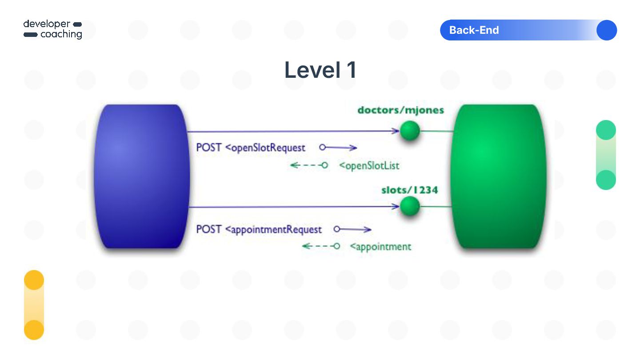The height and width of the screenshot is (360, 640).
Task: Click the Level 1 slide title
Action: tap(320, 70)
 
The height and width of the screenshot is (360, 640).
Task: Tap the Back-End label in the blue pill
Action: tap(474, 30)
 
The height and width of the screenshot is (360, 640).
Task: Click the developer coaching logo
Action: tap(53, 29)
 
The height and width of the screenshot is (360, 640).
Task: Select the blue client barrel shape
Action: tap(141, 176)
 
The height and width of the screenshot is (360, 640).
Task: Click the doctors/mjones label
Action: tap(400, 110)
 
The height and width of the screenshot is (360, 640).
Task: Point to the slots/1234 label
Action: tap(409, 190)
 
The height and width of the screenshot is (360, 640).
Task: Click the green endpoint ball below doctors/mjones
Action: tap(409, 131)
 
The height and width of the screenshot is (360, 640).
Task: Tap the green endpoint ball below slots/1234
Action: tap(409, 206)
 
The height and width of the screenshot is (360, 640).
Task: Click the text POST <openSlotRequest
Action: tap(251, 148)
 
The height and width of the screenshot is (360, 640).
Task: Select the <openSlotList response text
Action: tap(369, 166)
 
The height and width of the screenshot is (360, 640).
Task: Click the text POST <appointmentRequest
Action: tap(259, 229)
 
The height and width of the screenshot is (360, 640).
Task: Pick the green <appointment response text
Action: tap(380, 246)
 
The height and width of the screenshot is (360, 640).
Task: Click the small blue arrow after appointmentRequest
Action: tap(352, 229)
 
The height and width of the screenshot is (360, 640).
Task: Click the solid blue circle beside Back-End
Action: tap(606, 30)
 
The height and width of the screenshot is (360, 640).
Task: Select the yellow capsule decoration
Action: tap(34, 305)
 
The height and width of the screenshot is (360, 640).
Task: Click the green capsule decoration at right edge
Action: tap(606, 155)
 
